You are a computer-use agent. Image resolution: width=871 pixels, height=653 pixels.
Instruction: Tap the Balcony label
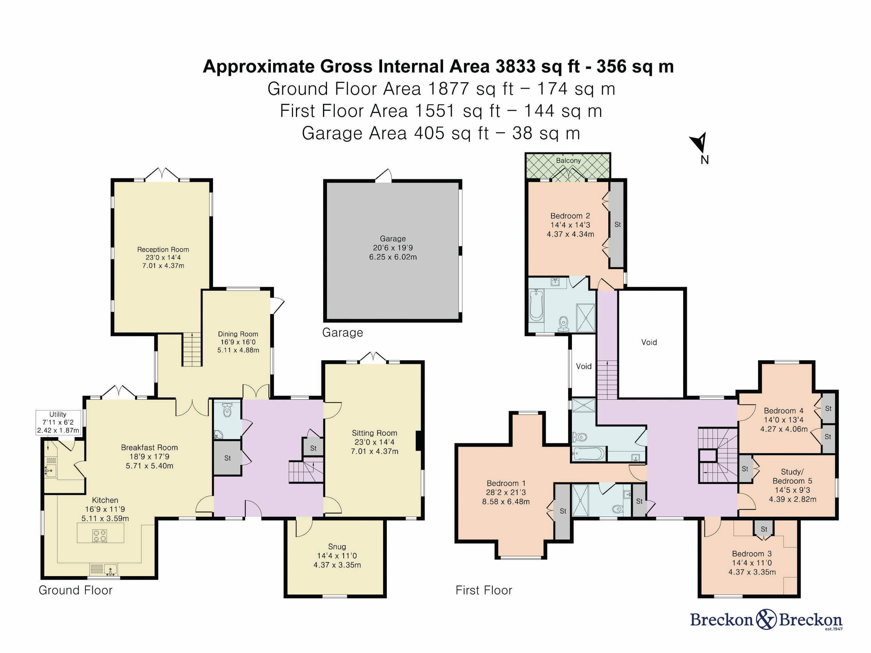[x=568, y=161]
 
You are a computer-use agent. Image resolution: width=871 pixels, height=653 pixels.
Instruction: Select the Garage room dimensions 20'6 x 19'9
[x=393, y=248]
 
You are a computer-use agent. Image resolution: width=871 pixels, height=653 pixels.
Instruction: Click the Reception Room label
[x=163, y=250]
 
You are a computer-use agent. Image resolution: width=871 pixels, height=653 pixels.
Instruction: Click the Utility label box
[x=58, y=422]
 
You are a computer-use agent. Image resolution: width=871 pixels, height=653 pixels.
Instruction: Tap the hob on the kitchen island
[x=99, y=536]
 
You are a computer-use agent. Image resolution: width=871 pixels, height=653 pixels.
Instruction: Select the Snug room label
[x=337, y=547]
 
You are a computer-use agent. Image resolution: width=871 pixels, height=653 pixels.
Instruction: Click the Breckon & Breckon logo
[x=766, y=620]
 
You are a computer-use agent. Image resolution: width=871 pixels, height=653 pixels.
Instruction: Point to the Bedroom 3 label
[x=752, y=554]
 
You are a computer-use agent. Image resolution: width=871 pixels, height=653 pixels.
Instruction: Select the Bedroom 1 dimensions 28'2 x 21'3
[x=506, y=492]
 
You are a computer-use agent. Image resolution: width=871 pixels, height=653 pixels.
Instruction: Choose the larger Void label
[x=649, y=342]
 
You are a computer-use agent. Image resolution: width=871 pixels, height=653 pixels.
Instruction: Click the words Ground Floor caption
[x=75, y=590]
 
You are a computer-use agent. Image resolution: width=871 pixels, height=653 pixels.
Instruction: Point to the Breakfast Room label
[x=149, y=448]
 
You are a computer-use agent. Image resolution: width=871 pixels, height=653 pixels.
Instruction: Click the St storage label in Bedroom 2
[x=618, y=224]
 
